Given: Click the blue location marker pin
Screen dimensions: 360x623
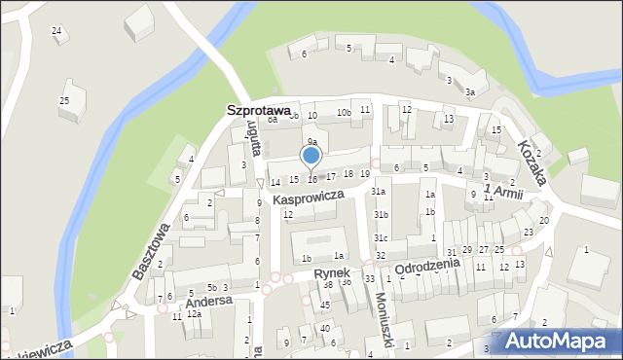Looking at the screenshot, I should [311, 156].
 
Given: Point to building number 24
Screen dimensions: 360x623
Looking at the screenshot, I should [56, 31].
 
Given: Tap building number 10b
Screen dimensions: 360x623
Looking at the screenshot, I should [344, 113].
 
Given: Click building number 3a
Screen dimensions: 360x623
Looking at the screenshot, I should [469, 92].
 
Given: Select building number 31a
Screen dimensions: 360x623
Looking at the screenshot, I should [380, 192].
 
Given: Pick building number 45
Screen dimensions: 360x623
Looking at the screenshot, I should [325, 306].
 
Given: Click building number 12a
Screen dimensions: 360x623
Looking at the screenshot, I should [194, 314].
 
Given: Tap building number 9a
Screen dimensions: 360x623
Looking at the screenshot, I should [312, 142].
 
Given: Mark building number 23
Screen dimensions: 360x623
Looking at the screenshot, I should [528, 232].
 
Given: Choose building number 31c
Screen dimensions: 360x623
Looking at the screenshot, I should [381, 238].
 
